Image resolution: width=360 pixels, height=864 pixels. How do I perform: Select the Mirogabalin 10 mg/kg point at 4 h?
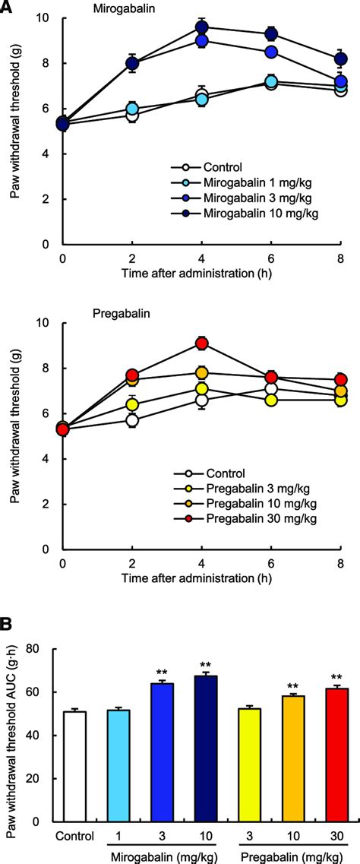pos(201,27)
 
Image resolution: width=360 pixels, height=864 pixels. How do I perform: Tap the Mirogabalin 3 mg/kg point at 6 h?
pos(271,52)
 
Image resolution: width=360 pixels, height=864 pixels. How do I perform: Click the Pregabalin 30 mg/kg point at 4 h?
pos(201,343)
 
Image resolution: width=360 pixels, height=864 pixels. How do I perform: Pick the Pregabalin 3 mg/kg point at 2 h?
pos(132,404)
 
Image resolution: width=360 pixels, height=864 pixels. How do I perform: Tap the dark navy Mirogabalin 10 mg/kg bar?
pos(205,760)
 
